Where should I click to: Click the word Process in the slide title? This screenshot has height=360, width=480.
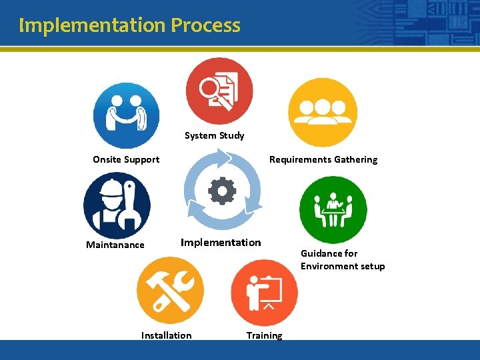point(205,25)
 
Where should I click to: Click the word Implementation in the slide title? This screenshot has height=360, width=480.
point(92,25)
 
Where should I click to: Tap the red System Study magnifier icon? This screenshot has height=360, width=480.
point(219,91)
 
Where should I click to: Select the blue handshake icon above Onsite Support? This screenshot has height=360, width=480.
point(126,115)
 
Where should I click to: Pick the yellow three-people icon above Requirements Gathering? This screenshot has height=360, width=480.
point(323,113)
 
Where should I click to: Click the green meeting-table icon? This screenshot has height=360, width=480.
point(333,209)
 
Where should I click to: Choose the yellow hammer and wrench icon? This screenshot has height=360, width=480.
point(170,291)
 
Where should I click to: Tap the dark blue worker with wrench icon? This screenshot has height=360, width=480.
point(117,205)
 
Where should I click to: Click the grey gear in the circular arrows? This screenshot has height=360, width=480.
point(222,191)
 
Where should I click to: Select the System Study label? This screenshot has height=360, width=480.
point(214,135)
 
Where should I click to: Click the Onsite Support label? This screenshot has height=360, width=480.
point(126,159)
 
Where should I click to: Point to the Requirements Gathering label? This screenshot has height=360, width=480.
point(323,159)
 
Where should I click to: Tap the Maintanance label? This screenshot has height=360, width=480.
point(115,245)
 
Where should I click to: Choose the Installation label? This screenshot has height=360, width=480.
point(166,335)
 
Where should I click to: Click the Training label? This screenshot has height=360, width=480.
point(264,335)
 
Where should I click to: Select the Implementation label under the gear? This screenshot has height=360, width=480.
point(221,243)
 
